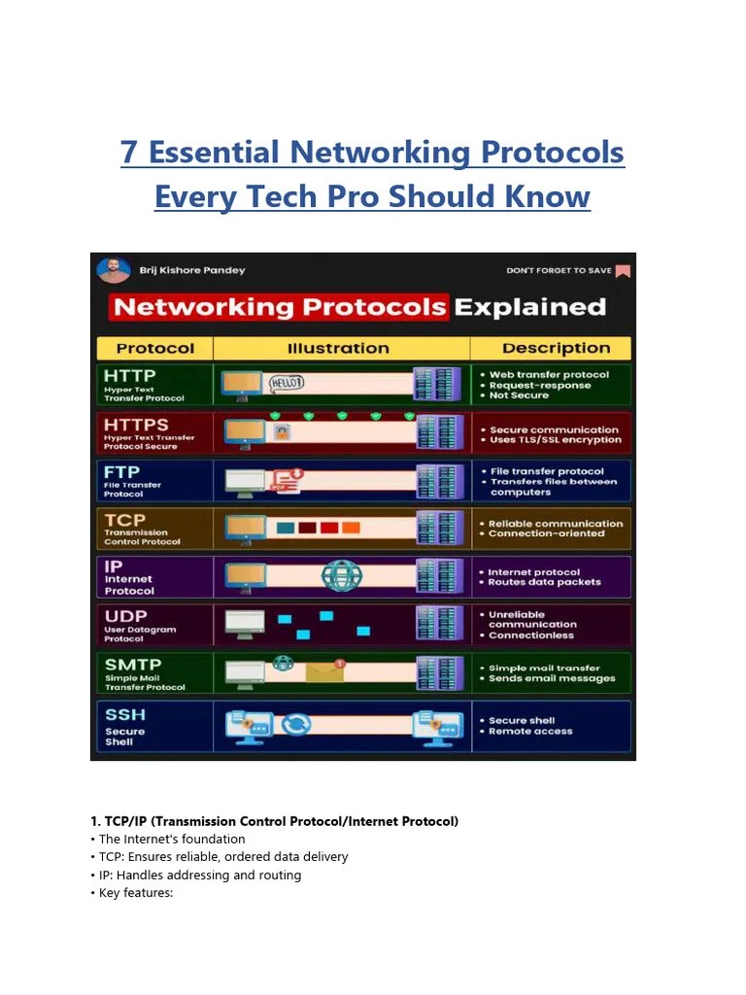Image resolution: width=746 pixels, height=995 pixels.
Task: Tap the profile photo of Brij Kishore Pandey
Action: point(114,270)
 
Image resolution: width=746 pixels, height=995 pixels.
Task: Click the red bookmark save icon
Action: point(623,271)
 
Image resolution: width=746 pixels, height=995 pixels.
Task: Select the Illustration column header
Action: point(338,348)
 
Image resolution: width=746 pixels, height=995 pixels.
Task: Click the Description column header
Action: point(556,348)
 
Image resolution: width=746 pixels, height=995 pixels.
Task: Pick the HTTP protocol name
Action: point(129,375)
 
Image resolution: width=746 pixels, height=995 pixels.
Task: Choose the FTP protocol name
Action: point(121,471)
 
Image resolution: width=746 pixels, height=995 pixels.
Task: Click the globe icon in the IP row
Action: point(342,576)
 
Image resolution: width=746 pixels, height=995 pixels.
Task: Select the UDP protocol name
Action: point(126,615)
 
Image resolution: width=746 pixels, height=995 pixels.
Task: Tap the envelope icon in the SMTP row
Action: point(324,670)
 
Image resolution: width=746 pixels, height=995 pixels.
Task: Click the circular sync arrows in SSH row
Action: point(296,724)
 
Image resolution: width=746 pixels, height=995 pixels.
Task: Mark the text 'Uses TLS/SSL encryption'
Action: point(555,440)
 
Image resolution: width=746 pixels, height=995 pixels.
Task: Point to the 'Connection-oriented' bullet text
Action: point(546,533)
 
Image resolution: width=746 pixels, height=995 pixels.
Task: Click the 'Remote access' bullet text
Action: point(530,732)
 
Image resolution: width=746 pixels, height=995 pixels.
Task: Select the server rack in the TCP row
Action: point(438,528)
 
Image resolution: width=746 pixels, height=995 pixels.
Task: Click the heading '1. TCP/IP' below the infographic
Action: point(280,821)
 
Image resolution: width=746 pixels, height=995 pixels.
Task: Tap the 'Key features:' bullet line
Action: point(135,893)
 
